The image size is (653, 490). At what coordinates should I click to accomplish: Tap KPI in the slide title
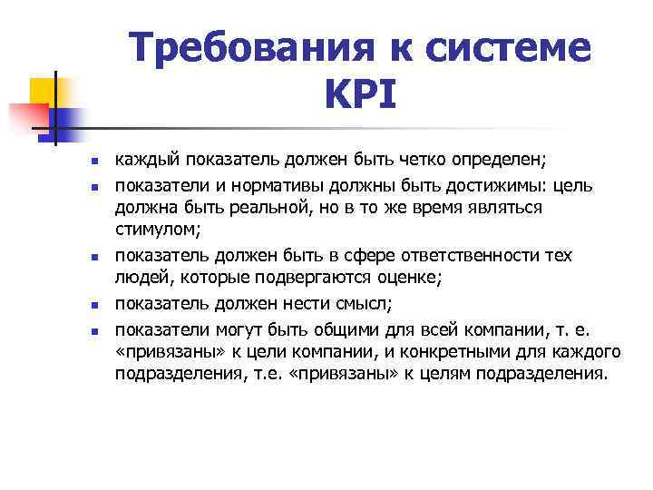[358, 93]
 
